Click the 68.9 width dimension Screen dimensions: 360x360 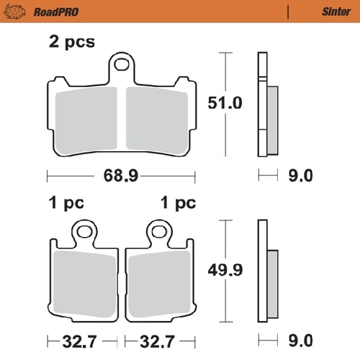tap(121, 175)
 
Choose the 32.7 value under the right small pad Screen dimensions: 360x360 tap(161, 339)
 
